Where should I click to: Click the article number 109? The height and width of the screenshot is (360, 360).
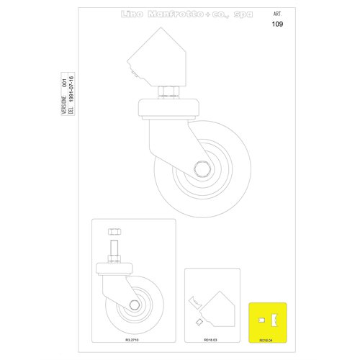[x=278, y=24]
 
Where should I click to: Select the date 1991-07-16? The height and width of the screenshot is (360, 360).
[x=71, y=96]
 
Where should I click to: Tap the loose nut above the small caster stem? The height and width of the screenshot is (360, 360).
[x=113, y=231]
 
